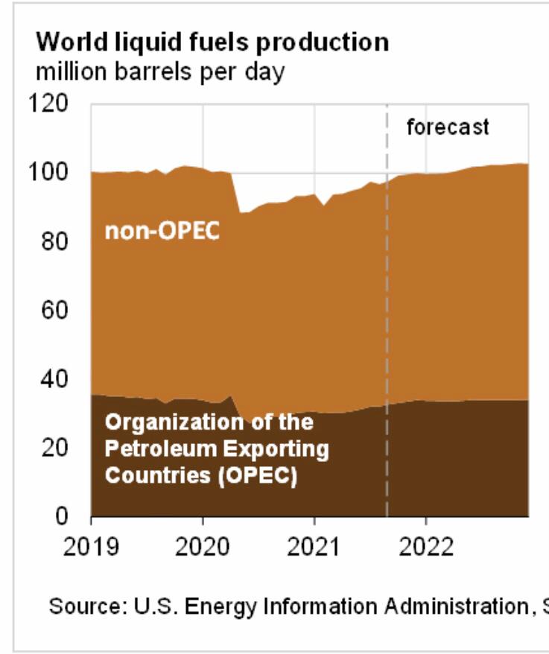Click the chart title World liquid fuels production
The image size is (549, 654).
(x=212, y=42)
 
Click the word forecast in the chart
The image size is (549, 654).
(x=448, y=127)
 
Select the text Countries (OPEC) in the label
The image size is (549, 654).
(x=201, y=475)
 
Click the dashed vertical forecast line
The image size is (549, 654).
(x=387, y=313)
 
